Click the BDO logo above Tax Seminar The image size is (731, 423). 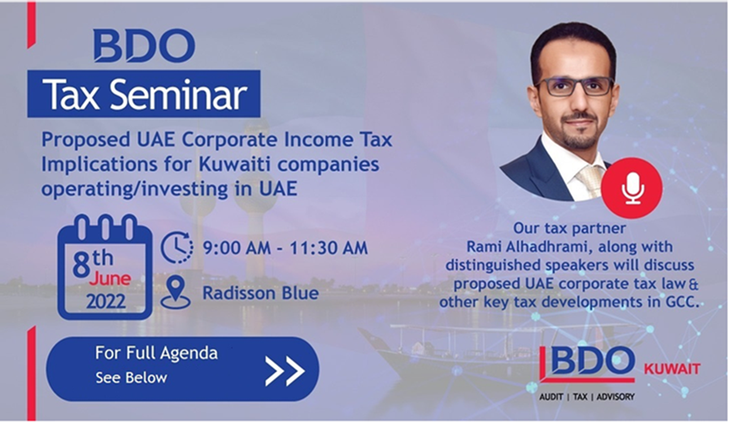(x=144, y=46)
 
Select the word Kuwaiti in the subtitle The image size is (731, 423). (x=234, y=165)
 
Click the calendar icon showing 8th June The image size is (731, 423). (x=105, y=267)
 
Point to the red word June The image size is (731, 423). (x=110, y=279)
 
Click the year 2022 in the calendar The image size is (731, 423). (x=106, y=301)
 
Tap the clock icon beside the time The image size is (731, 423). (x=177, y=247)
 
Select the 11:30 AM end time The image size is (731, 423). (x=329, y=248)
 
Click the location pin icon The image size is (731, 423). (x=176, y=292)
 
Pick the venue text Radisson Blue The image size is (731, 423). (x=261, y=293)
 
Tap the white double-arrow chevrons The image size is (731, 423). (x=285, y=371)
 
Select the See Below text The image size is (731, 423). (x=131, y=378)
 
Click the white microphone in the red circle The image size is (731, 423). (x=633, y=188)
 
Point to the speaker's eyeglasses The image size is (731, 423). (x=575, y=87)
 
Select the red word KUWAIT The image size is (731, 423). (x=672, y=369)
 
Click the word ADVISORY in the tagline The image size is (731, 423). (x=615, y=397)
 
